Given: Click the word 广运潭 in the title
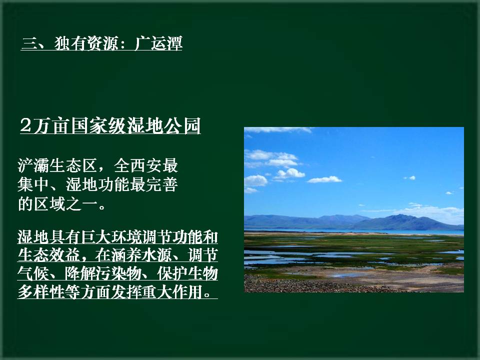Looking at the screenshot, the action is [158, 43].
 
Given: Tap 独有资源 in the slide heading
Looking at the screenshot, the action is [86, 43].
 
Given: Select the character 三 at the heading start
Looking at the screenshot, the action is [29, 43].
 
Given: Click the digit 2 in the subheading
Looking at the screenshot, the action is [26, 125].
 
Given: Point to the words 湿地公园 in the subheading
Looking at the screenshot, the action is [163, 125].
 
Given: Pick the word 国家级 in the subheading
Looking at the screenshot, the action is [98, 125].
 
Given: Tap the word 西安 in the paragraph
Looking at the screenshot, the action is [145, 165].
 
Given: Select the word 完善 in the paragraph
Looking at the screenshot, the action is [161, 184].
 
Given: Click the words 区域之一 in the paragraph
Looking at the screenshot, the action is [65, 203].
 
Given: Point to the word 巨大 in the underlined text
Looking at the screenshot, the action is [89, 236].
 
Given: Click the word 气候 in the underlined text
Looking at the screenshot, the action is [33, 273].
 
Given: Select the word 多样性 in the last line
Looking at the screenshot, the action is [40, 291].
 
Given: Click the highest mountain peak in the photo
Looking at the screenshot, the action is [399, 215].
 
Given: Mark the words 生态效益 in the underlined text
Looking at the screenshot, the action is [48, 254].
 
